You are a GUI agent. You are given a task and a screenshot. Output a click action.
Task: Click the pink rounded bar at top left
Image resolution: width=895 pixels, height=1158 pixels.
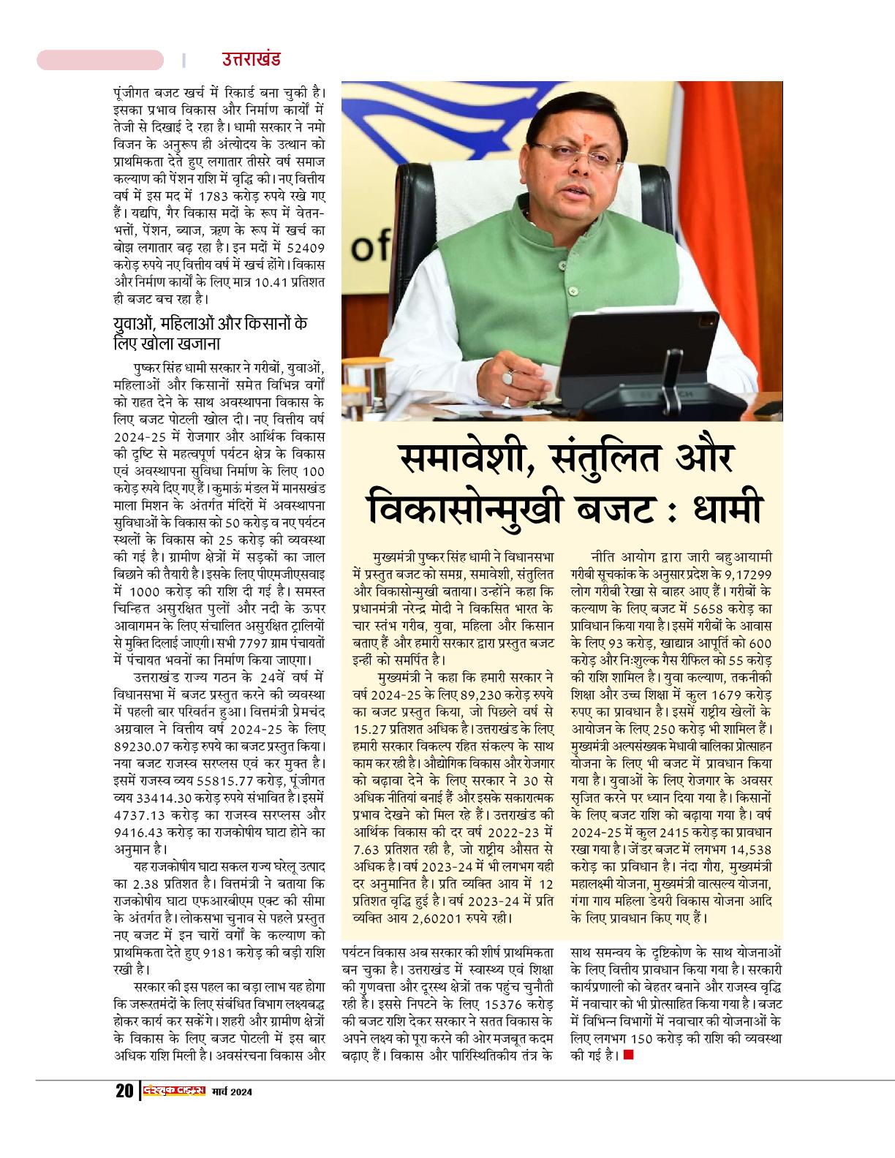point(100,60)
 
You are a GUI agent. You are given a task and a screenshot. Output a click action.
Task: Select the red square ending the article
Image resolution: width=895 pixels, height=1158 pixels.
point(628,1055)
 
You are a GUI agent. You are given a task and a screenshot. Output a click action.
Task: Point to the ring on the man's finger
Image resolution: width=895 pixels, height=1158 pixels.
point(508,376)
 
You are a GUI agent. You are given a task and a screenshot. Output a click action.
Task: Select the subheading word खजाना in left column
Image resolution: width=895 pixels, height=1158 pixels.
point(195,343)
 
